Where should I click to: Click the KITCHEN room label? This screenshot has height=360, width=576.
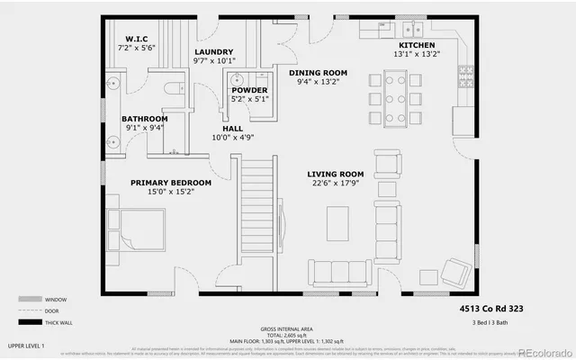(417, 45)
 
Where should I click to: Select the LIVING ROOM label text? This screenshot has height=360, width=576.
(335, 174)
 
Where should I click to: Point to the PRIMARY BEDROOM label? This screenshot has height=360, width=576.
(170, 183)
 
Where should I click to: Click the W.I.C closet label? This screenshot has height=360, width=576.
(137, 38)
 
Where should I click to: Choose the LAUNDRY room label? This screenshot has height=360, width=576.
(213, 52)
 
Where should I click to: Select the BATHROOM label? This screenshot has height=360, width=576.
(144, 119)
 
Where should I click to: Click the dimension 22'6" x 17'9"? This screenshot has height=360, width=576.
(335, 184)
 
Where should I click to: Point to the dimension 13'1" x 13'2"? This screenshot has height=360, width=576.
(417, 54)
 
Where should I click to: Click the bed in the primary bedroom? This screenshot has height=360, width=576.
(136, 229)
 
